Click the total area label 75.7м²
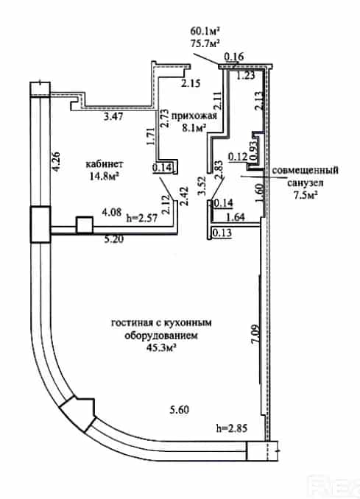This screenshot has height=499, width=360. pyautogui.click(x=205, y=43)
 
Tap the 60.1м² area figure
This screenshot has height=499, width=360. pyautogui.click(x=205, y=31)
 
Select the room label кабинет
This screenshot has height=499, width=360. pyautogui.click(x=105, y=164)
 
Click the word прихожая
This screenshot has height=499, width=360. pyautogui.click(x=194, y=116)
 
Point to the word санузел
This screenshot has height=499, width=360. pyautogui.click(x=306, y=183)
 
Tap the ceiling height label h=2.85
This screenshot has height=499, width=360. pyautogui.click(x=231, y=428)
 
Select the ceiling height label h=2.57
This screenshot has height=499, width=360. pyautogui.click(x=142, y=218)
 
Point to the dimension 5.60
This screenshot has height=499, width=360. pyautogui.click(x=179, y=409)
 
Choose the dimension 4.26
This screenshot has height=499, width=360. pyautogui.click(x=56, y=163)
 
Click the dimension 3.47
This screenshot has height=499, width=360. pyautogui.click(x=113, y=116)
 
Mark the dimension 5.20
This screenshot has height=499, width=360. pyautogui.click(x=114, y=238)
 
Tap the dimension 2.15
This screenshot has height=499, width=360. pyautogui.click(x=191, y=84)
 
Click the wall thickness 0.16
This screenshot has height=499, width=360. pyautogui.click(x=234, y=57)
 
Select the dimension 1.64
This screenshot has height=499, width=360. pyautogui.click(x=236, y=217)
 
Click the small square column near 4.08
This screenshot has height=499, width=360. pyautogui.click(x=85, y=225)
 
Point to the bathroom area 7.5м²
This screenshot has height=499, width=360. pyautogui.click(x=303, y=194)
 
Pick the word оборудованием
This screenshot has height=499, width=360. pyautogui.click(x=161, y=336)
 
